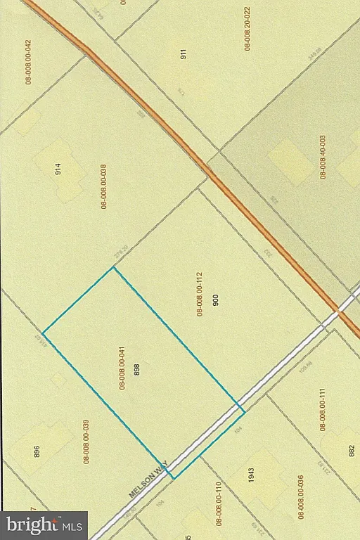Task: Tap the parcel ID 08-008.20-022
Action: pos(247,29)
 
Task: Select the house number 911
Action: pos(184,54)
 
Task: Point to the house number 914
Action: pos(58,169)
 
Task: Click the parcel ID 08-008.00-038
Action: pos(103,186)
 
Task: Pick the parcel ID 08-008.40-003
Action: pos(323,157)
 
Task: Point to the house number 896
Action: pos(37,452)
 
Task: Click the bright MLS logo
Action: pos(44,525)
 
